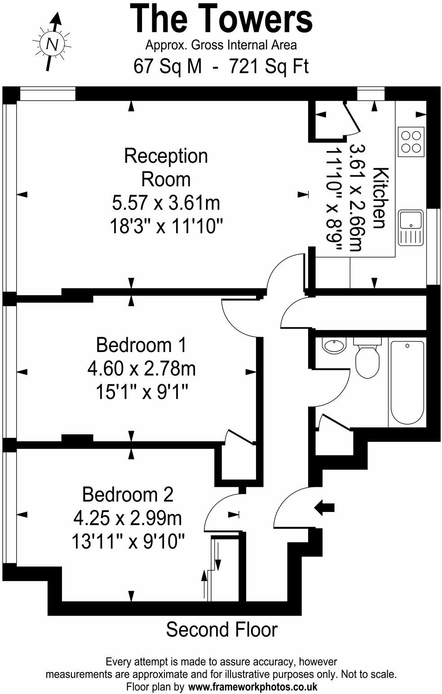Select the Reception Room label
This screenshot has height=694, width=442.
[x=166, y=168]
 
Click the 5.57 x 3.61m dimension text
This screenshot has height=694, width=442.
[x=166, y=203]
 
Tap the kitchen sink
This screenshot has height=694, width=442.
[x=411, y=228]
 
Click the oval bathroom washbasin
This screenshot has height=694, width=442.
[x=334, y=346]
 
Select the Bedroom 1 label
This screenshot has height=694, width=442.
[x=141, y=345]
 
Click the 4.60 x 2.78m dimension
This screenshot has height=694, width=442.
[x=141, y=369]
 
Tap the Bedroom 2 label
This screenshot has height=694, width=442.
[x=128, y=494]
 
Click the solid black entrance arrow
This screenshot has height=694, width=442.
[x=324, y=507]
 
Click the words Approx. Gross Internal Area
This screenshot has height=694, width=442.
[x=221, y=45]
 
